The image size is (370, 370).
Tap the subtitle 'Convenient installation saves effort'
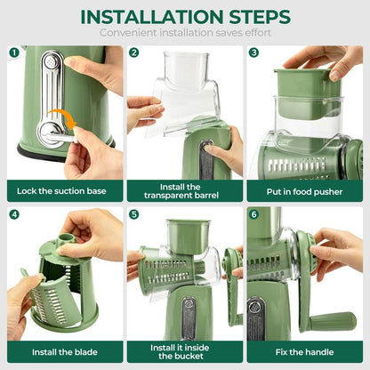point(185,33)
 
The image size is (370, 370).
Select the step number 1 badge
point(14,52)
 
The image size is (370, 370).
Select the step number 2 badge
point(133,52)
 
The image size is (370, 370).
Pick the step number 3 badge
point(253,52)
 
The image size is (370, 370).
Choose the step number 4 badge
point(14,214)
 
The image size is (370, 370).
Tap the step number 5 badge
point(133,214)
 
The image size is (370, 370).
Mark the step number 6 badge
point(253,214)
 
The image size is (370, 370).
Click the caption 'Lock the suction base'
point(64,190)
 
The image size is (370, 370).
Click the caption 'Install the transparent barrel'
point(184,190)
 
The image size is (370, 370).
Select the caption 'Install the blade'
point(64,352)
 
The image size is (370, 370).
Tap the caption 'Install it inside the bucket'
point(184,352)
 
